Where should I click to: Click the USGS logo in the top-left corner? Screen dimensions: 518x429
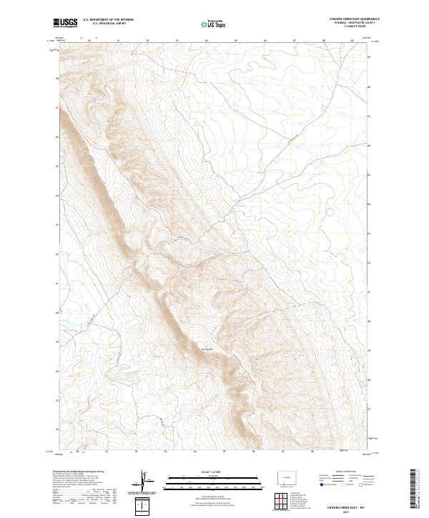[65, 24]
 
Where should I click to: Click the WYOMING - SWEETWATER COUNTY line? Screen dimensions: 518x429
[343, 24]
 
